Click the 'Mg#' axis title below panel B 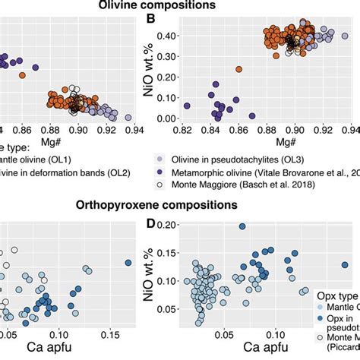(x=265, y=142)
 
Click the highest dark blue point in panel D (x=242, y=226)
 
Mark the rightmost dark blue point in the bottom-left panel (x=128, y=263)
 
